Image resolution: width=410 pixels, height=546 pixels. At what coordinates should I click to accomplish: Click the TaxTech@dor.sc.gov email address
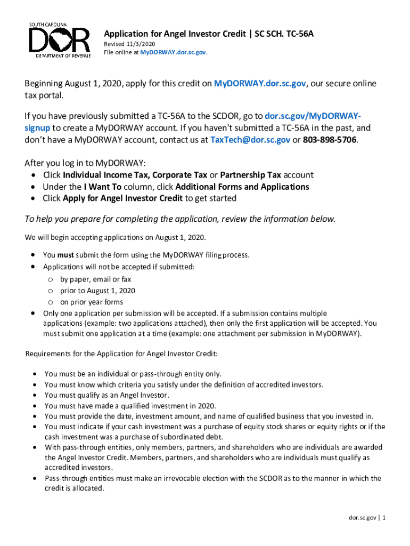tap(250, 140)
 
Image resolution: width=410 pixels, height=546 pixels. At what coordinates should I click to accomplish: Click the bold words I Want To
tap(103, 187)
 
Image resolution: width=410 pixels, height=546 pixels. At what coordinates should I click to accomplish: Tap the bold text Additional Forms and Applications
tap(242, 187)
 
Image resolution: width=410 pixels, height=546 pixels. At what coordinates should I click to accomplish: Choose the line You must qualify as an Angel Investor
tap(106, 395)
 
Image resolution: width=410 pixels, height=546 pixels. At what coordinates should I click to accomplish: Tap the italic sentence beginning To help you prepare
tap(181, 219)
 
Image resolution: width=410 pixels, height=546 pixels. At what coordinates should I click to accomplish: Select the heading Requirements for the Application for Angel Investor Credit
tap(121, 354)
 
